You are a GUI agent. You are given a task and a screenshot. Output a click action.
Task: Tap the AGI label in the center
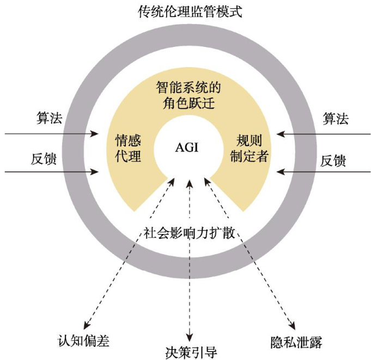click(186, 148)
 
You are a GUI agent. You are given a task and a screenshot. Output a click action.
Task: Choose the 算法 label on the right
click(335, 118)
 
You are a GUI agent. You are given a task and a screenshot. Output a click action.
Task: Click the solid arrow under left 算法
click(52, 133)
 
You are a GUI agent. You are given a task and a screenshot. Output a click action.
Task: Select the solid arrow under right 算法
click(324, 133)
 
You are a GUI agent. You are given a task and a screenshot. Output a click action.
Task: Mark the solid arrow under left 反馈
click(52, 172)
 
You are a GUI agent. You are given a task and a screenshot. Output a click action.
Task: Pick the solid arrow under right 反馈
click(324, 172)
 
